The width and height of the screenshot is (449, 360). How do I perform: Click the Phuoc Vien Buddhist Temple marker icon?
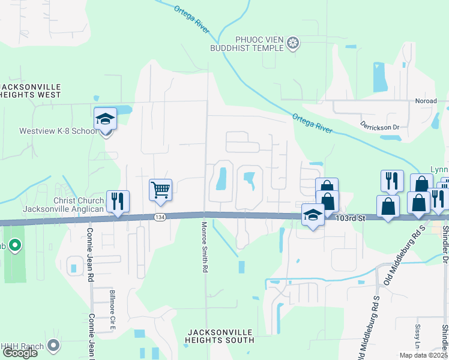pyautogui.click(x=292, y=43)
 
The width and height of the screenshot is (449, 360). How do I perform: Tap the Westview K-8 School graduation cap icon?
pyautogui.click(x=105, y=118)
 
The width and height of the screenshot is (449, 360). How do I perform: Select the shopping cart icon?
pyautogui.click(x=160, y=190)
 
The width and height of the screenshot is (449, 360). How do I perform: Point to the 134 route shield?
pyautogui.click(x=159, y=217)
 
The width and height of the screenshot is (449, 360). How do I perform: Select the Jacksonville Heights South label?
pyautogui.click(x=220, y=335)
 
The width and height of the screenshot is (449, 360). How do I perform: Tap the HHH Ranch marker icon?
pyautogui.click(x=53, y=345)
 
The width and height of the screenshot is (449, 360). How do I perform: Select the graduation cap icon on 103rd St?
pyautogui.click(x=313, y=215)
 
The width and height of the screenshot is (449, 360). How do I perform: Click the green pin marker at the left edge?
pyautogui.click(x=15, y=245)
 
